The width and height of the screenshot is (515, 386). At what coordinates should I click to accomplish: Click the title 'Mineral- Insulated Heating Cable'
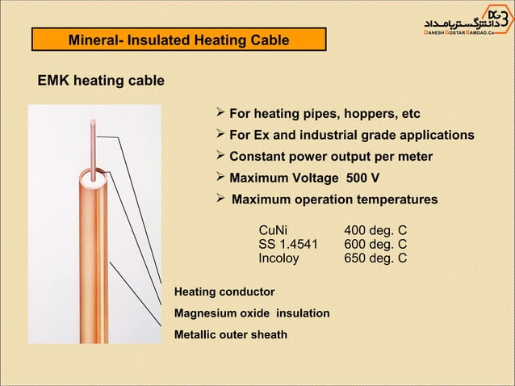(x=178, y=40)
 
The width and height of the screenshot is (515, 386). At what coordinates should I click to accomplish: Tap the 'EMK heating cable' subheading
(x=101, y=81)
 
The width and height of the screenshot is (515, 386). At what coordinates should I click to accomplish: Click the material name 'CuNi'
(x=273, y=230)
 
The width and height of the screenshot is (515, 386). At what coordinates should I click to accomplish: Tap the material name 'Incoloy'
(x=278, y=258)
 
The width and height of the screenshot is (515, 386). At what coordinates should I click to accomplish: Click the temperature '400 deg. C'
(x=375, y=230)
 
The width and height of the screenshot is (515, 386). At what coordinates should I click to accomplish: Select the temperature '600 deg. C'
(x=375, y=245)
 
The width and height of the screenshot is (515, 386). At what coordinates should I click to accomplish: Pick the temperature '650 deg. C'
(x=375, y=258)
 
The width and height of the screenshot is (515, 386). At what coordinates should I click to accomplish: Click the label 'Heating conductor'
(x=224, y=292)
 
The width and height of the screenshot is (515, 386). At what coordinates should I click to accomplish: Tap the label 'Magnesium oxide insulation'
(x=252, y=313)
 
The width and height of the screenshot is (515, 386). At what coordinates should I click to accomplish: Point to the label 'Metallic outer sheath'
(x=231, y=334)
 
